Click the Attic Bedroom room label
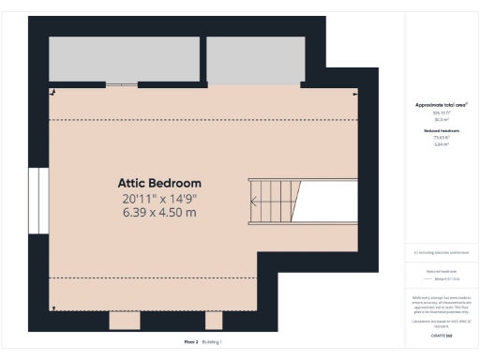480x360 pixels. coord(159,183)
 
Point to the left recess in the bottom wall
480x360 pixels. coord(126,320)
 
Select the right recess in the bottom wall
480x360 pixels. coord(214,320)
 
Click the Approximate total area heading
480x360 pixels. coord(441,105)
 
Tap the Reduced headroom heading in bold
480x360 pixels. coord(441,130)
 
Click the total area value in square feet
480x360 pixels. coord(441,112)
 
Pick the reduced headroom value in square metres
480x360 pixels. coord(441,144)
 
